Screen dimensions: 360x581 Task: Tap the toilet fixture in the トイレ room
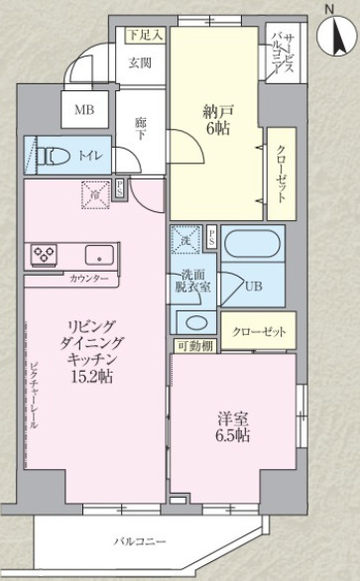55,156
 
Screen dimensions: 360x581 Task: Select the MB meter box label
84,110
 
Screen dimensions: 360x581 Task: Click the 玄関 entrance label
140,62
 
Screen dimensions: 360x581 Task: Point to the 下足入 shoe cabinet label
146,36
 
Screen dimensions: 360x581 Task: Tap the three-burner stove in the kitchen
45,254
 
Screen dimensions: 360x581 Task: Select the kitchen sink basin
99,255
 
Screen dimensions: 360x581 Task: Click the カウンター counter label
89,279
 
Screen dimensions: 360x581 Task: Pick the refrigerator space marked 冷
95,195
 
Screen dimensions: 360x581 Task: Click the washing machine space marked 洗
185,239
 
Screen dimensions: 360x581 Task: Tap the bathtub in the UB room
251,244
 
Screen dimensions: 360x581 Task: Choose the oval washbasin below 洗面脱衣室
196,323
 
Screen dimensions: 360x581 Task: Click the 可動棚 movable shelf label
195,346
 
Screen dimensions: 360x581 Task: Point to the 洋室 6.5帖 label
233,427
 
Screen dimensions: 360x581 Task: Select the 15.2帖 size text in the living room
92,377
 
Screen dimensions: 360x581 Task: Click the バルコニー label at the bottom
140,542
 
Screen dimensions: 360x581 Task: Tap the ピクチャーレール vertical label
34,395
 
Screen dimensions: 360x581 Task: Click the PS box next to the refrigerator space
120,188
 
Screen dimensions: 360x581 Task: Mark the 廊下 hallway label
140,128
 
